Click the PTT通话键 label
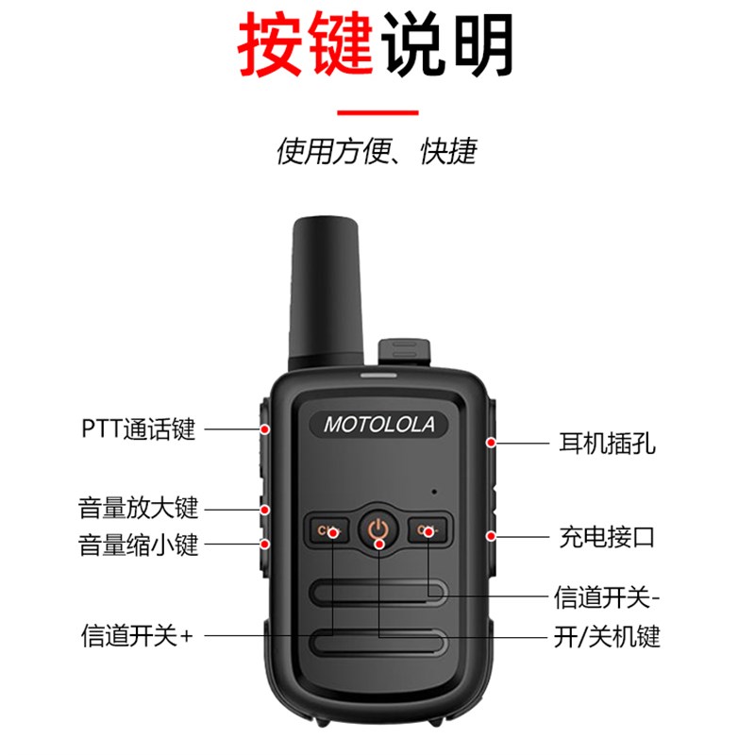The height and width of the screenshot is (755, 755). point(138,429)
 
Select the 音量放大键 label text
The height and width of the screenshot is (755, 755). point(138,508)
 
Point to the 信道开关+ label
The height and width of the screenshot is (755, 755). point(136,636)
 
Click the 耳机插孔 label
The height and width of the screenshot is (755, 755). point(614,442)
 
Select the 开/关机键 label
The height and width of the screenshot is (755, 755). point(605,636)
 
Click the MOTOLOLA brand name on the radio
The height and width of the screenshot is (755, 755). point(379,425)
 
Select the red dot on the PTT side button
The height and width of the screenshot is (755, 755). point(266,429)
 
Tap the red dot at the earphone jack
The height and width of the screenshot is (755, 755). point(491,442)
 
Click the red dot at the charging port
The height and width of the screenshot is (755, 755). point(491,536)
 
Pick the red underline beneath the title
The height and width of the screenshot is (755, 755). point(377,112)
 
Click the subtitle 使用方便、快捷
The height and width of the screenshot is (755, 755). point(377,151)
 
